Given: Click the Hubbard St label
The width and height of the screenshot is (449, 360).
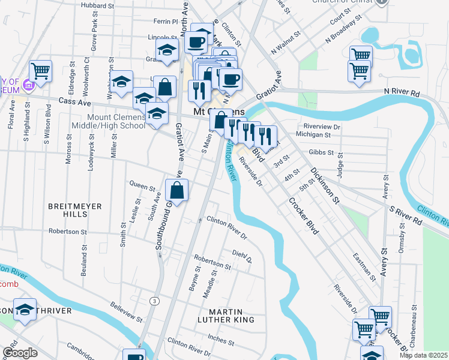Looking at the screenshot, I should [97, 5].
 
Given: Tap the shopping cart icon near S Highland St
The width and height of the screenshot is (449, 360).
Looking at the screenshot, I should [41, 71].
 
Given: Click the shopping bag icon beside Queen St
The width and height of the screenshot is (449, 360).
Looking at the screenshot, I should [176, 191].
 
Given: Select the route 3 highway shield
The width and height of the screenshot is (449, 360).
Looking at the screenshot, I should [155, 300].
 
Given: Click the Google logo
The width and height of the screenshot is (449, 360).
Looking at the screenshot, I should [20, 352].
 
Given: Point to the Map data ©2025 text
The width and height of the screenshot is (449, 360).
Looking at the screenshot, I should [423, 355].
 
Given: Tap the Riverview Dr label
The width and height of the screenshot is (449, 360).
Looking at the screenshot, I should [322, 127].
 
